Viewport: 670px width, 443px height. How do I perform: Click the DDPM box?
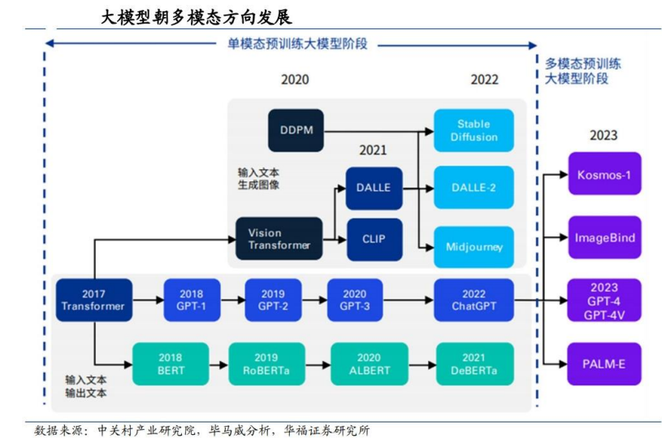(x=296, y=130)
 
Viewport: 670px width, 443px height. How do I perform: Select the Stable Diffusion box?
(x=473, y=130)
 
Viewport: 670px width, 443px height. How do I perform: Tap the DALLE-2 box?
(x=473, y=187)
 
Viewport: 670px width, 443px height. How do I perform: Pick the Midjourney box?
(x=473, y=247)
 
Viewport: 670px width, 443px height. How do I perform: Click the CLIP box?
(x=374, y=240)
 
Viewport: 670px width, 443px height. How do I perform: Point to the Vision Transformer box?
(x=279, y=239)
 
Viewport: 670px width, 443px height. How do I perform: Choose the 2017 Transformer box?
(x=94, y=300)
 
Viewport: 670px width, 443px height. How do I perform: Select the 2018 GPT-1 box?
(x=192, y=300)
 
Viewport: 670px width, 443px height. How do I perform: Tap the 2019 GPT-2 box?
(x=273, y=300)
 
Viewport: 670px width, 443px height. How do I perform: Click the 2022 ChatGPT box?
(x=473, y=300)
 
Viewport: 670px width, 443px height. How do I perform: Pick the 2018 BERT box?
(x=171, y=364)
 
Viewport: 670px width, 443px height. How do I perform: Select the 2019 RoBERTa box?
(x=266, y=364)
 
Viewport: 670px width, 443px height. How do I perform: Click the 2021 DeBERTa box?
(x=475, y=364)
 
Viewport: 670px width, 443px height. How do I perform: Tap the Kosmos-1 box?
(x=604, y=174)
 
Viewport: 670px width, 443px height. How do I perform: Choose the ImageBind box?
(x=604, y=237)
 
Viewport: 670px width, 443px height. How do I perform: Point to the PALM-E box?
(x=604, y=364)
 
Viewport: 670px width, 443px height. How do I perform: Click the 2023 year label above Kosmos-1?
(x=603, y=136)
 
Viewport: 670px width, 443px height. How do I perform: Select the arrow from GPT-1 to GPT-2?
(x=233, y=300)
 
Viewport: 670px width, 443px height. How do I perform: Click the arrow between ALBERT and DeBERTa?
(x=422, y=365)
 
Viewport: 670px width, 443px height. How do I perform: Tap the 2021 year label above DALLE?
(x=373, y=150)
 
